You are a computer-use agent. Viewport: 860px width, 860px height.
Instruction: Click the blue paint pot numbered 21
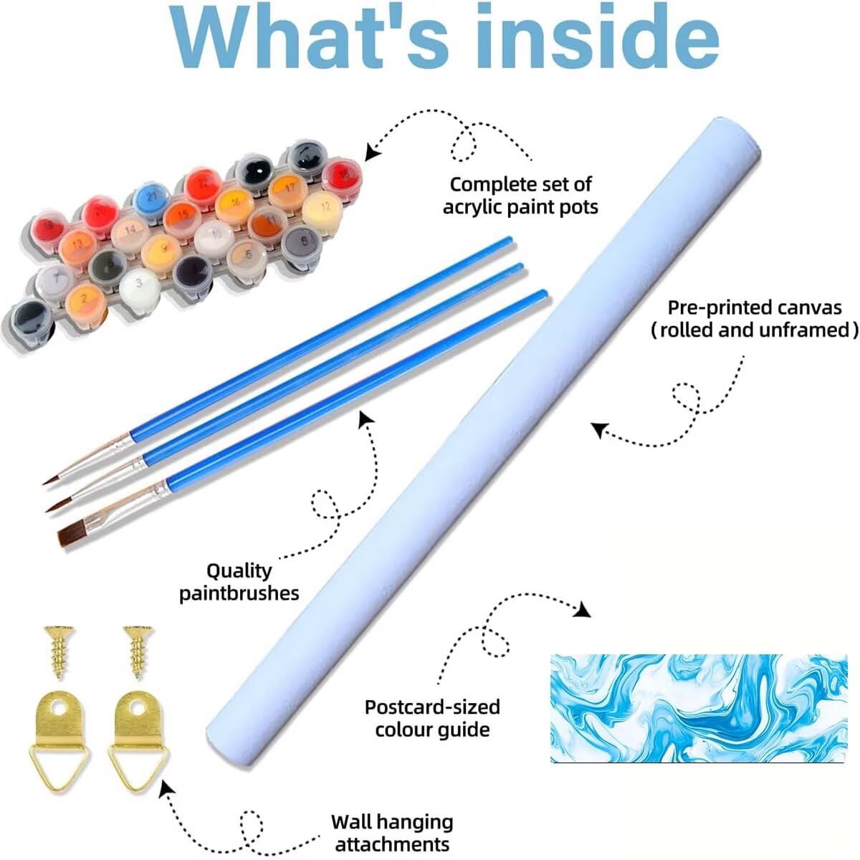click(x=152, y=199)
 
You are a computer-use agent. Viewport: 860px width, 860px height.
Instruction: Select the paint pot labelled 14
click(x=130, y=232)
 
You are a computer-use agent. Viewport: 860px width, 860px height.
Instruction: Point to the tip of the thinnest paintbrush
click(x=43, y=484)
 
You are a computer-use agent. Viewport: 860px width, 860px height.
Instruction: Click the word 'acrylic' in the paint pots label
click(x=477, y=207)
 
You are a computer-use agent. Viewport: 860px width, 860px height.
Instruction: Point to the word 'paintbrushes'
click(x=239, y=594)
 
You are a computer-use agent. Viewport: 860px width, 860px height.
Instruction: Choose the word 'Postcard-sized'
click(x=432, y=707)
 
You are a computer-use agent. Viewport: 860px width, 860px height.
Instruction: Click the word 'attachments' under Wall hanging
click(x=392, y=844)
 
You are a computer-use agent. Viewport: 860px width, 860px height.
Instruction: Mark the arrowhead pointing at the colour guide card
click(x=583, y=610)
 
